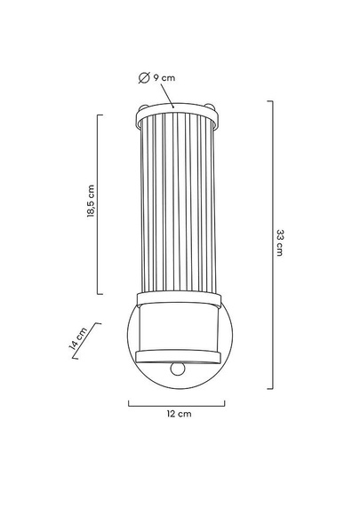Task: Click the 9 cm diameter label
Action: click(x=164, y=78)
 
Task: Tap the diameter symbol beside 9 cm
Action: click(x=144, y=78)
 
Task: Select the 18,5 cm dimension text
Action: click(x=92, y=201)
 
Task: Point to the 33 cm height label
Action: click(x=280, y=242)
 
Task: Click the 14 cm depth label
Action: click(x=78, y=338)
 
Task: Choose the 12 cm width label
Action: click(x=179, y=414)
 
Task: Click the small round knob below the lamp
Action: click(x=178, y=369)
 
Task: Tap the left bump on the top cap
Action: click(x=143, y=107)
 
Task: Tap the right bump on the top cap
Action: click(x=210, y=107)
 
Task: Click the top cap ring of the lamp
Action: click(x=177, y=115)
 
